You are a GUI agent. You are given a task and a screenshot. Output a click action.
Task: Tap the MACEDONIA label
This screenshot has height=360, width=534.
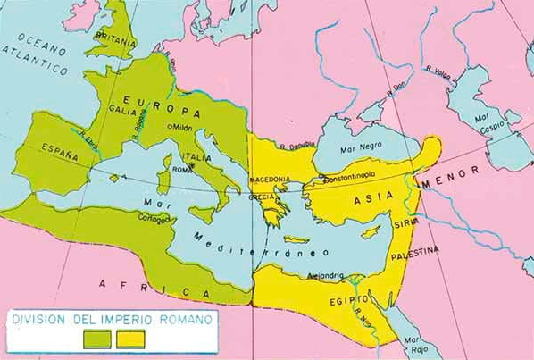271,179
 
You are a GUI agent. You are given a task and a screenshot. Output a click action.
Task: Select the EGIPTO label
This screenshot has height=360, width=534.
340,301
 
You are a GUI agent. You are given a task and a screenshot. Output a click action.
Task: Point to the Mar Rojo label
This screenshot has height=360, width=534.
412,344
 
